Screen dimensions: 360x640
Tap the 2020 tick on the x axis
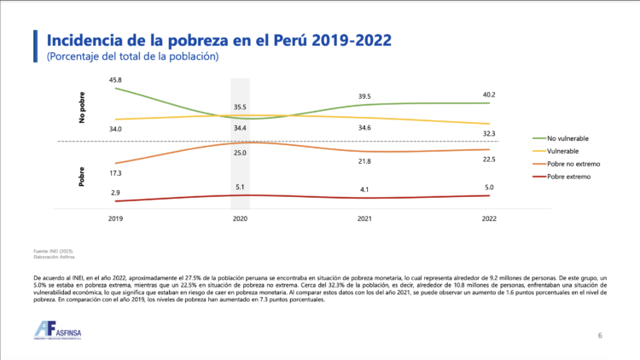241,219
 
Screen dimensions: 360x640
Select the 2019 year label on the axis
115,219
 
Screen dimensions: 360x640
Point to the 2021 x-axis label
365,219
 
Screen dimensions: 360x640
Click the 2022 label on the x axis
490,219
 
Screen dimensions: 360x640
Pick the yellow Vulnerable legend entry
566,150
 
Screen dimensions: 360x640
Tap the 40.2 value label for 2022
490,95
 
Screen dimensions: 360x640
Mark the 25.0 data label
241,153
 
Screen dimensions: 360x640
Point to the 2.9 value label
115,194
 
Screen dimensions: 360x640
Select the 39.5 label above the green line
365,96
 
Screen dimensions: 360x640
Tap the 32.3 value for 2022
490,134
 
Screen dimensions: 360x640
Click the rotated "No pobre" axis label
83,109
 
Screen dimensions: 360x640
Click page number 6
600,335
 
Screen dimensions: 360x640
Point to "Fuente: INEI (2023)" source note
53,250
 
